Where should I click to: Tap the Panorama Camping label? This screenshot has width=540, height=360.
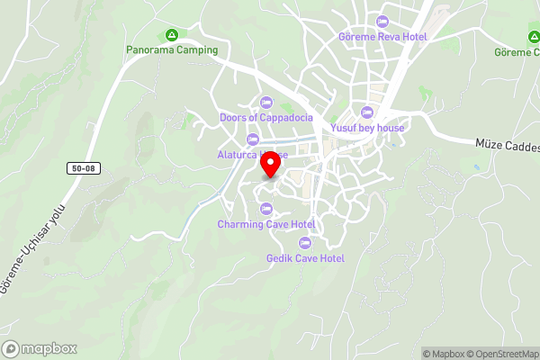click(x=172, y=50)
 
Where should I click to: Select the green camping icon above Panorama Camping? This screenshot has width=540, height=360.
click(x=172, y=35)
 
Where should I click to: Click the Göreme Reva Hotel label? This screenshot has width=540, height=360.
click(x=382, y=37)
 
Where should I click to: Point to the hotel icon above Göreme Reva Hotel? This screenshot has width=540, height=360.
click(x=382, y=22)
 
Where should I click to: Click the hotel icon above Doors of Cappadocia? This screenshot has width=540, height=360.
click(x=265, y=102)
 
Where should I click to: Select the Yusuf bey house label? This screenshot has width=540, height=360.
click(x=366, y=128)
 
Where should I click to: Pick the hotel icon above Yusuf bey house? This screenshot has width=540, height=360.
click(x=366, y=112)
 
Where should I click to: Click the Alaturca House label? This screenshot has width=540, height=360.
click(x=251, y=155)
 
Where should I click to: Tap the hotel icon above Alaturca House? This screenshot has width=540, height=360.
click(x=251, y=139)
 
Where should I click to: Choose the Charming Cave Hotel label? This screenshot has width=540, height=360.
click(x=265, y=224)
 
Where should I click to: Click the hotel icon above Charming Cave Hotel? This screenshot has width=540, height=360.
click(x=265, y=209)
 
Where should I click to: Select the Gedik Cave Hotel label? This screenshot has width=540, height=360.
click(x=305, y=258)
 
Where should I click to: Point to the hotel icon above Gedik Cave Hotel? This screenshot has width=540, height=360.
click(x=305, y=243)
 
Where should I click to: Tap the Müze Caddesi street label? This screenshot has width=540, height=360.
click(x=507, y=145)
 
